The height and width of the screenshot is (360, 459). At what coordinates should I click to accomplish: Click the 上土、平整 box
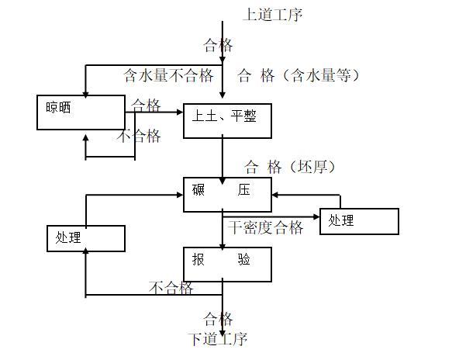pyautogui.click(x=227, y=120)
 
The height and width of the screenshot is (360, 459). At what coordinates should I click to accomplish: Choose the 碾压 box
pyautogui.click(x=227, y=194)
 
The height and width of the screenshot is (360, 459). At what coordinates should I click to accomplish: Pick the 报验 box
pyautogui.click(x=227, y=264)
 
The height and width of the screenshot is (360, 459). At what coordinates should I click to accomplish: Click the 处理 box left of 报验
pyautogui.click(x=86, y=237)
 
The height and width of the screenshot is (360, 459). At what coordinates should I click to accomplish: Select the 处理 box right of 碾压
pyautogui.click(x=359, y=221)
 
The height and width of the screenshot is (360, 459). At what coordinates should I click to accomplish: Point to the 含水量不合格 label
pyautogui.click(x=168, y=75)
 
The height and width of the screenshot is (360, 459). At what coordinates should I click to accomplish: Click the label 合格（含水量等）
pyautogui.click(x=298, y=75)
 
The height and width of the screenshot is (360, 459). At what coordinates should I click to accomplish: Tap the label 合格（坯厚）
pyautogui.click(x=290, y=166)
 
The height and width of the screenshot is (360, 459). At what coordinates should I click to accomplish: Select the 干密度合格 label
pyautogui.click(x=266, y=227)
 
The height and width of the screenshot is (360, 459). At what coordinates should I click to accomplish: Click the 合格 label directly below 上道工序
pyautogui.click(x=218, y=44)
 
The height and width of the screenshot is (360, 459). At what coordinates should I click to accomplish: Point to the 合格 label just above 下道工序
pyautogui.click(x=218, y=318)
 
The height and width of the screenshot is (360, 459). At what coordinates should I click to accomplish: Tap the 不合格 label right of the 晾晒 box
pyautogui.click(x=140, y=137)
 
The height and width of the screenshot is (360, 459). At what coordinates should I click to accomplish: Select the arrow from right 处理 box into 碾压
pyautogui.click(x=295, y=195)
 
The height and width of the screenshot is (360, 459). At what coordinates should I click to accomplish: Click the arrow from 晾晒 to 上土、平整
pyautogui.click(x=155, y=112)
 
